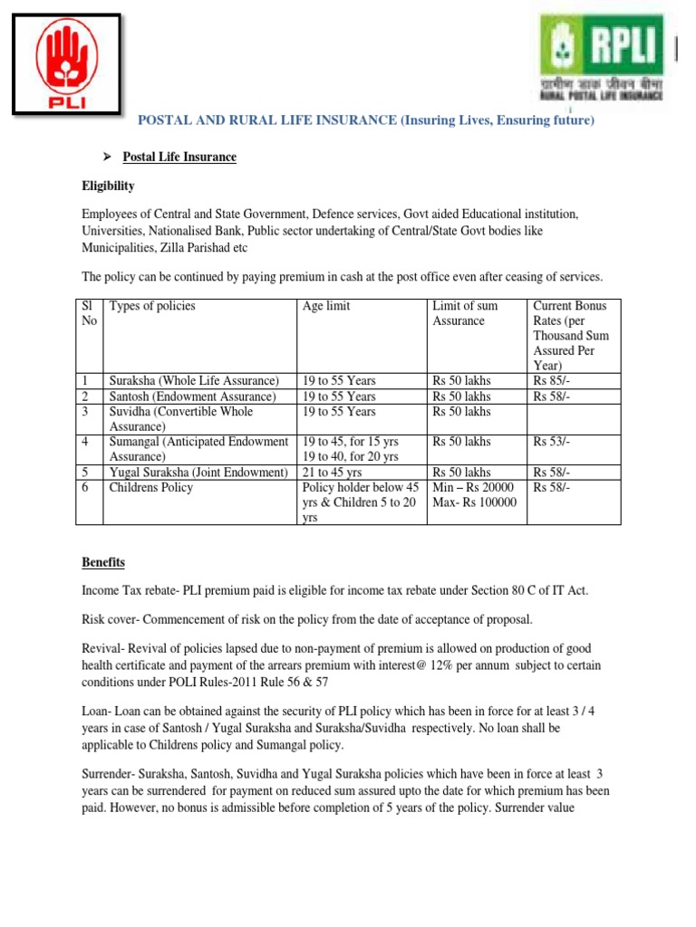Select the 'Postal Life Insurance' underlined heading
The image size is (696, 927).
pos(179,158)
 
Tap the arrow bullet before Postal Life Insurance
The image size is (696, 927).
pos(105,158)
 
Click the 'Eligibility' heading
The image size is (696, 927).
pos(109,186)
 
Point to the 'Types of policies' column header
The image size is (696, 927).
pos(152,306)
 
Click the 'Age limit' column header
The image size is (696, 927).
pos(326,306)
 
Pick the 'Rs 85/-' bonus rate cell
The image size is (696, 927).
pos(552,380)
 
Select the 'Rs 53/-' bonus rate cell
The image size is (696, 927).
pos(552,442)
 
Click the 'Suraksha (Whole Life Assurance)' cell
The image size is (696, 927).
pos(194,380)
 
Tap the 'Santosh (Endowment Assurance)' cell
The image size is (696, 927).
pos(192,397)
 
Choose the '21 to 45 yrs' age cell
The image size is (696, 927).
pos(333,473)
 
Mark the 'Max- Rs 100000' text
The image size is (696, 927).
pos(475,502)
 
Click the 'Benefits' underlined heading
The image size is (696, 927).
pos(104,563)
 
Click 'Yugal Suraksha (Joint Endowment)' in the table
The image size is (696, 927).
pos(198,473)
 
